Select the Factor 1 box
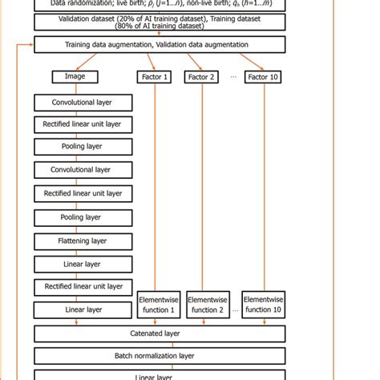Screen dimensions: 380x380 pos(155,77)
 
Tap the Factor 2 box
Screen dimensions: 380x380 pos(201,77)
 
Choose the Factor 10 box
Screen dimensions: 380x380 pos(263,77)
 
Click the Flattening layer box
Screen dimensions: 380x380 pos(83,240)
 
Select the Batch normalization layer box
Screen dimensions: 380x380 pos(159,355)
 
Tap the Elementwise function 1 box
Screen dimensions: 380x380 pos(158,305)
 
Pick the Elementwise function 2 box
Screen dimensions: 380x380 pos(208,305)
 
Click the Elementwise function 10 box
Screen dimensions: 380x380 pos(264,305)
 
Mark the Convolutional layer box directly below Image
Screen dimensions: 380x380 pos(83,102)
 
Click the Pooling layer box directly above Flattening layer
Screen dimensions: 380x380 pos(83,216)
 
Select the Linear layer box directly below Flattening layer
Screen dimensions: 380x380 pos(83,263)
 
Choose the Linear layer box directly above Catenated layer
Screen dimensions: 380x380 pos(83,309)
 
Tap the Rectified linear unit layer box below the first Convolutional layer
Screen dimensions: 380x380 pos(83,125)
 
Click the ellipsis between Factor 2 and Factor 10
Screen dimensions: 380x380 pos(232,77)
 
